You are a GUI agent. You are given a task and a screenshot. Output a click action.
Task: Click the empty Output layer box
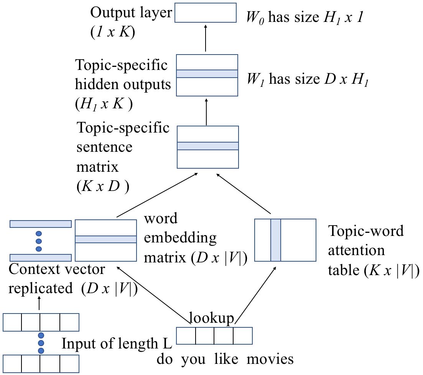click(x=206, y=13)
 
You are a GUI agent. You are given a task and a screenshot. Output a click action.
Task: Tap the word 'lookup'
click(x=211, y=318)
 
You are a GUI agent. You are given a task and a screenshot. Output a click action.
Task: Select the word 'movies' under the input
click(x=270, y=359)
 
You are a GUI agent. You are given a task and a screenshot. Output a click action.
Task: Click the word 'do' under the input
click(x=165, y=359)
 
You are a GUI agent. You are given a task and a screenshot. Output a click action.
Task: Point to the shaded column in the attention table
click(x=276, y=240)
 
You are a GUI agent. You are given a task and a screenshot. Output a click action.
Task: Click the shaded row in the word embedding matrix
click(x=106, y=239)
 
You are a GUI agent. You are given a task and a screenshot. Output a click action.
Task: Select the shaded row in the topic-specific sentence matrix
click(x=208, y=146)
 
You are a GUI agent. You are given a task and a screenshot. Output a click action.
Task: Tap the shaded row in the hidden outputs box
click(x=207, y=74)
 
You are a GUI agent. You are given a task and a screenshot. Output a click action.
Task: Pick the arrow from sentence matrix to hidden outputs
click(x=206, y=112)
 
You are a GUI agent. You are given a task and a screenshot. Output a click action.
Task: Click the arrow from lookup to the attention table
click(x=255, y=295)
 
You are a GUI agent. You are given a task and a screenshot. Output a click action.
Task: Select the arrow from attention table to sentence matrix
click(x=244, y=194)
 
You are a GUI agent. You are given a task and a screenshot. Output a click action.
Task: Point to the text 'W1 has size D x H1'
click(x=308, y=80)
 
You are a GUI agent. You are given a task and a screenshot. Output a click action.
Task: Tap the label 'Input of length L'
click(x=117, y=343)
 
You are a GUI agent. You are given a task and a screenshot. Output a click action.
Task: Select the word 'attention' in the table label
click(x=356, y=251)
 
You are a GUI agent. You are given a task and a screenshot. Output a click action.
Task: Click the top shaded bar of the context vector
click(x=41, y=224)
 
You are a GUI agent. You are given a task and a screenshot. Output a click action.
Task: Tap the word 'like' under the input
click(x=226, y=359)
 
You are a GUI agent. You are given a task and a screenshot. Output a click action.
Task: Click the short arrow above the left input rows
click(x=40, y=303)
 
